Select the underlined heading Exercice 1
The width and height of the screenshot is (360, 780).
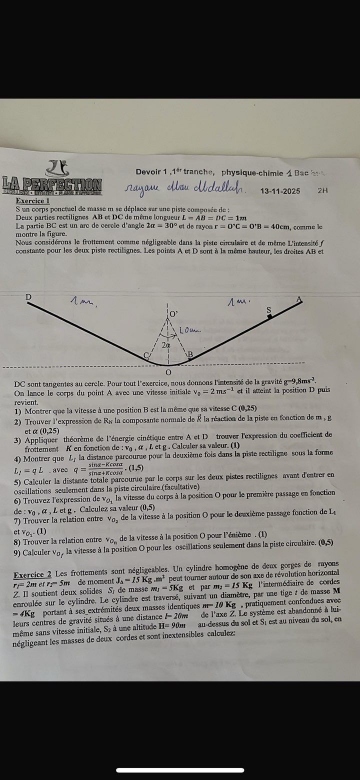pyautogui.click(x=32, y=201)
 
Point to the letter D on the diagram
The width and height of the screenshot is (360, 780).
pyautogui.click(x=28, y=298)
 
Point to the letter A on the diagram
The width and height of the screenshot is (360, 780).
pyautogui.click(x=301, y=298)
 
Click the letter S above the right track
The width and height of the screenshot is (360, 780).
pyautogui.click(x=268, y=310)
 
